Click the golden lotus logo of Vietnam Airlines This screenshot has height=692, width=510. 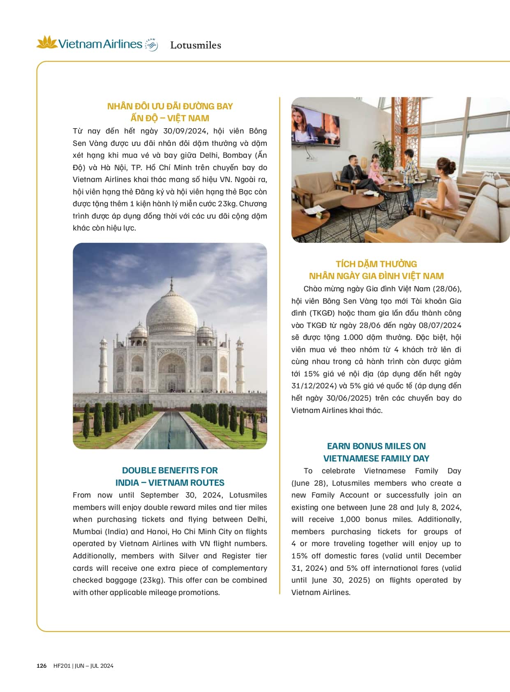click(x=47, y=42)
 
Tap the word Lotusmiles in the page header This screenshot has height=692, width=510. click(x=196, y=45)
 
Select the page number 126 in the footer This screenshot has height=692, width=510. click(x=42, y=666)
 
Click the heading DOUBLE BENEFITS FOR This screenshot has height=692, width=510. click(x=170, y=471)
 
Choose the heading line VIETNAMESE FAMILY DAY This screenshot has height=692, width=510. click(x=376, y=458)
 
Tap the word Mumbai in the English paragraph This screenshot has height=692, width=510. click(x=87, y=531)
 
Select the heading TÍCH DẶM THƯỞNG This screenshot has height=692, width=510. click(x=376, y=264)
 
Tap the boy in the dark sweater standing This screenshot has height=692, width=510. click(x=409, y=177)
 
